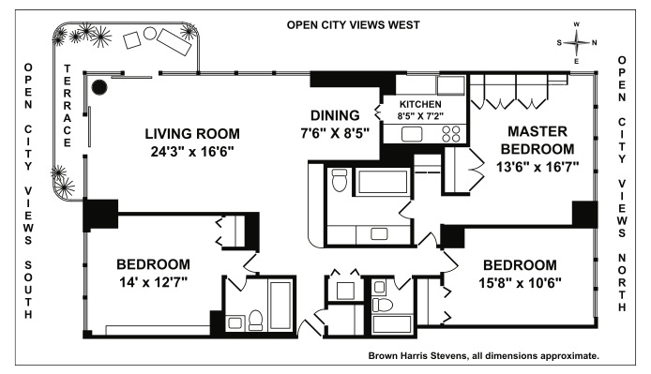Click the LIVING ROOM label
pos(192,134)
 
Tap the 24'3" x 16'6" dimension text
pos(192,152)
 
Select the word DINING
pos(335,115)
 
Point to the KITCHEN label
pos(420,104)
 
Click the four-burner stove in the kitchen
pos(451,134)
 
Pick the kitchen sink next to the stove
pos(412,134)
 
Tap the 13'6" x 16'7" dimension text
pos(537,167)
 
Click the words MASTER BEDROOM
pos(537,140)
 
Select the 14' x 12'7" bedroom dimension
pos(153,282)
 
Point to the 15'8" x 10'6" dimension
pos(520,283)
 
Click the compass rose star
pos(577,42)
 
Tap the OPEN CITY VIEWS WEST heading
pos(354,25)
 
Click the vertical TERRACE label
pos(68,105)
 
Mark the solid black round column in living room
pos(99,87)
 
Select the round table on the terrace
pos(150,33)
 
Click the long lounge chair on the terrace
pos(174,41)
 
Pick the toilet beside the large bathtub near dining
pos(340,180)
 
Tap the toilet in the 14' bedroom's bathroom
pos(255,320)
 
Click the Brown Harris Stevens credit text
pos(484,356)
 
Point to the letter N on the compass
pos(594,42)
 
